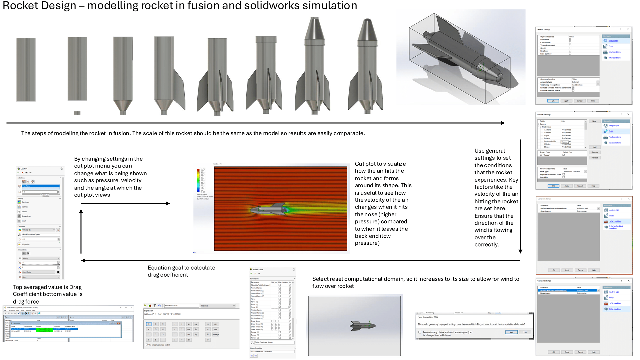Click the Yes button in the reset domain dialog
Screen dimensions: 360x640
[511, 332]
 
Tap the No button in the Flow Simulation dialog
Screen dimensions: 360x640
[525, 332]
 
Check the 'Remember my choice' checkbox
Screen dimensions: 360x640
[420, 332]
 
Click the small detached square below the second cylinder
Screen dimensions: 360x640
[77, 113]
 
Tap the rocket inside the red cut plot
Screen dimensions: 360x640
[269, 209]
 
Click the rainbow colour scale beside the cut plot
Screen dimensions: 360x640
[199, 180]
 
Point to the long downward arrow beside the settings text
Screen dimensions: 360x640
[520, 197]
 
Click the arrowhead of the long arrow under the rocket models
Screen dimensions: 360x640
[503, 123]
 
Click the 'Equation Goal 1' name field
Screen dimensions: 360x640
[181, 306]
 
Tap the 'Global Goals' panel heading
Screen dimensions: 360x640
[258, 269]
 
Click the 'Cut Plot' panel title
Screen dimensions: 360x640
[24, 169]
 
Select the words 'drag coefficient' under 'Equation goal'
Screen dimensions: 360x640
[168, 275]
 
